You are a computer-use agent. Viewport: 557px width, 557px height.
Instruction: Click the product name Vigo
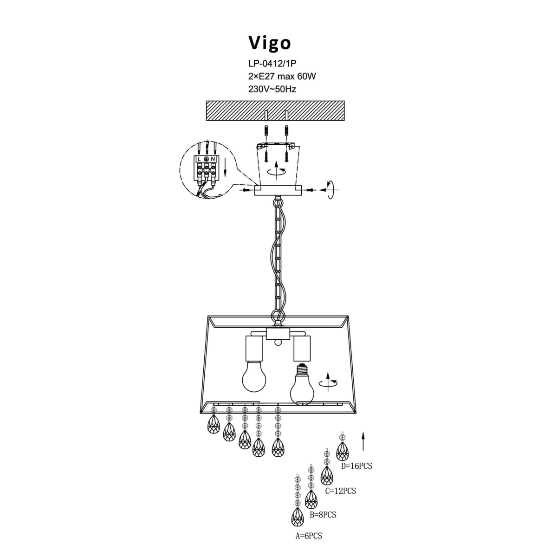[x=270, y=43]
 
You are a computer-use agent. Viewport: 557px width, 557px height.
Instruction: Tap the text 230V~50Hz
[x=272, y=89]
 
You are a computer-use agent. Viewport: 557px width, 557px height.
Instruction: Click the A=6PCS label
[x=309, y=536]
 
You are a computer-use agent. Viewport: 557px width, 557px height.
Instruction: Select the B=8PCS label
[x=323, y=514]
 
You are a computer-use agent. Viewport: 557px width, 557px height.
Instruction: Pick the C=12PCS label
[x=340, y=490]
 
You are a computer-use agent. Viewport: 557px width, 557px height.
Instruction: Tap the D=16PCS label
[x=356, y=466]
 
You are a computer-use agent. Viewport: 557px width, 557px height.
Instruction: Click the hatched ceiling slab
[x=275, y=111]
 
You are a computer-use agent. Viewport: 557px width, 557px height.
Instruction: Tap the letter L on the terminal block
[x=199, y=159]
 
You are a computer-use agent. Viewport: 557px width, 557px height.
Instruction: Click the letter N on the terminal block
[x=213, y=159]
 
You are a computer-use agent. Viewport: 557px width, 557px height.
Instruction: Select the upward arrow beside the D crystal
[x=363, y=441]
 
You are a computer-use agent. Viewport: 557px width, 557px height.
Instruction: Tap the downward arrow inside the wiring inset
[x=225, y=170]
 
